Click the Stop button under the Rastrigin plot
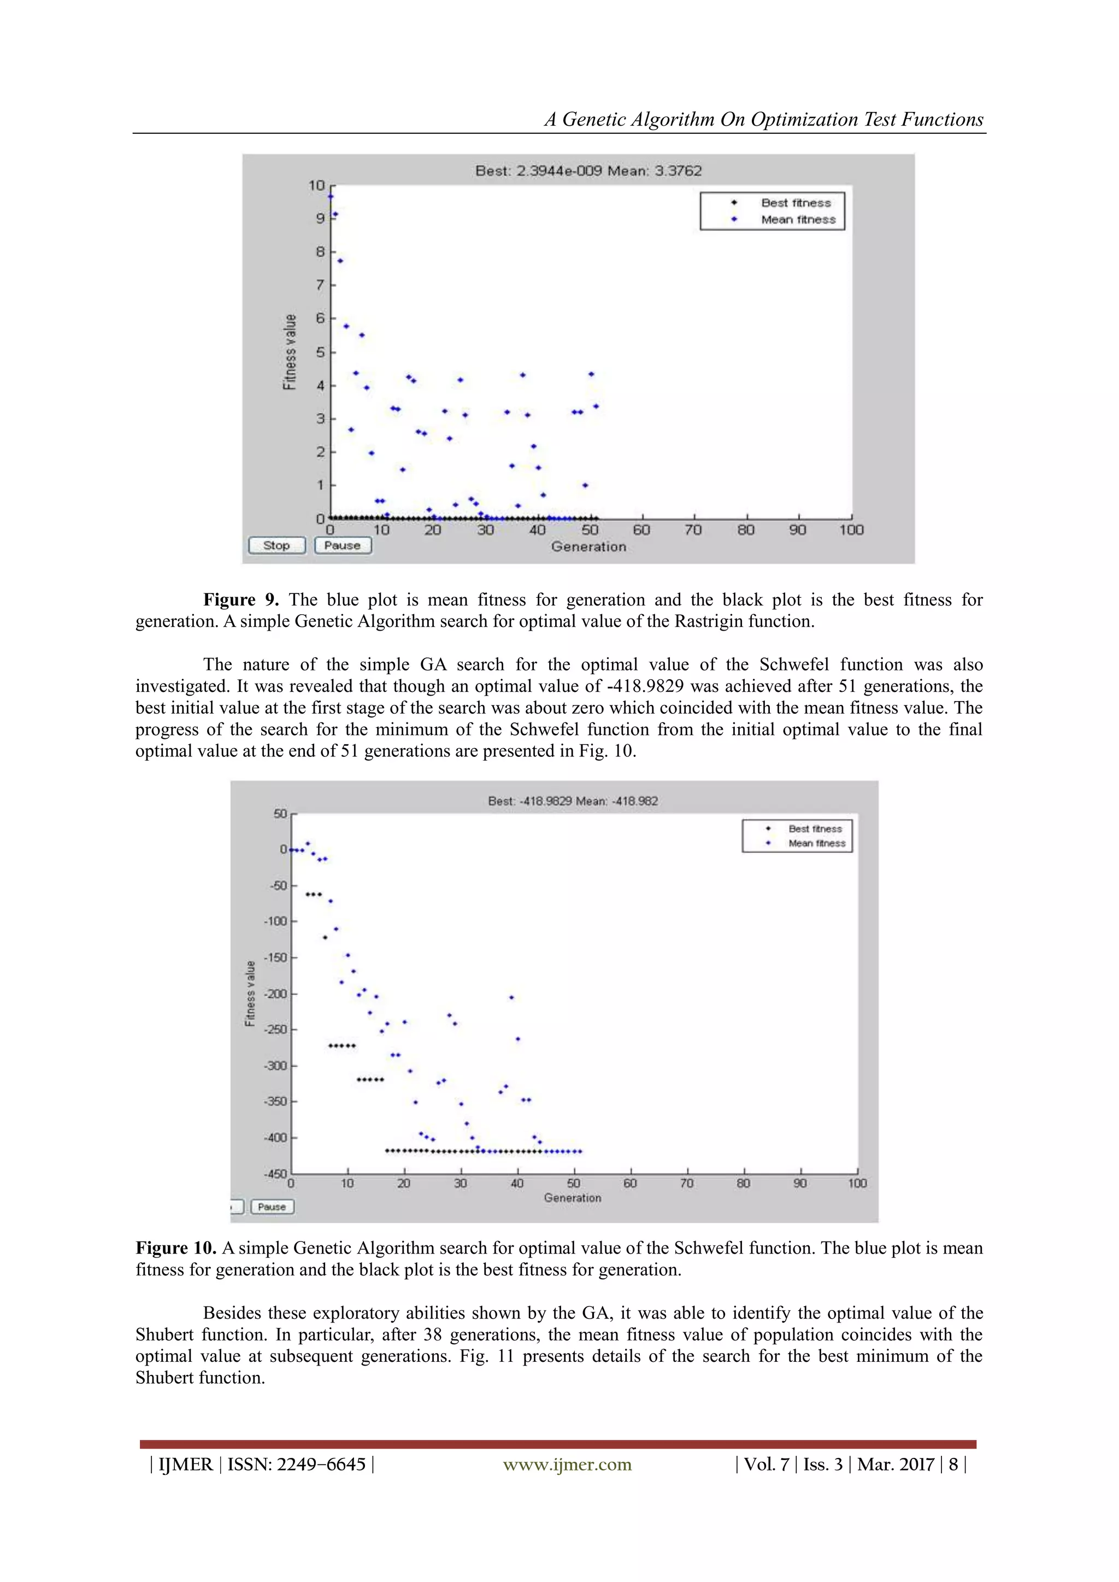click(x=276, y=545)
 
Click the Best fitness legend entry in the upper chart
click(x=796, y=203)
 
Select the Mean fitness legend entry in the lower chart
click(x=816, y=843)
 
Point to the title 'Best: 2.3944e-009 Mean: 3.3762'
click(x=588, y=171)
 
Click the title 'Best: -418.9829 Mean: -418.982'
click(x=573, y=801)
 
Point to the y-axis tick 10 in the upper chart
click(x=316, y=185)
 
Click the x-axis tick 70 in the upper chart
click(x=693, y=530)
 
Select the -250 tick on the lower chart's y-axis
click(x=276, y=1030)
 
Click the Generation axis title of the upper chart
click(x=588, y=546)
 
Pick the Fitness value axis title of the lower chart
click(x=250, y=993)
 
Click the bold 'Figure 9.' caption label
click(x=240, y=599)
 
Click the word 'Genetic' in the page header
click(x=594, y=119)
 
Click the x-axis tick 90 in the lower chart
click(x=800, y=1183)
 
